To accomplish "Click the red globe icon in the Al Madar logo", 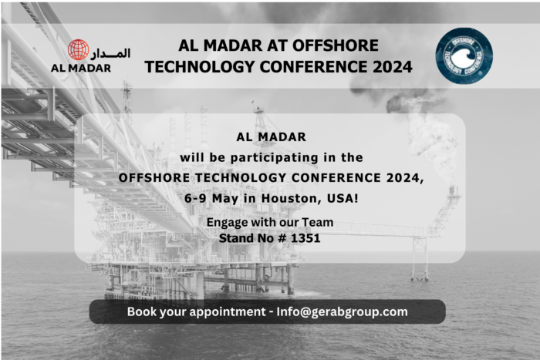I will point(78,50).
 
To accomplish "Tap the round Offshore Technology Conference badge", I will point(464,56).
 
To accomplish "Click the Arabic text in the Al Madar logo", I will point(112,53).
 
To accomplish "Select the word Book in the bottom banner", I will point(142,311).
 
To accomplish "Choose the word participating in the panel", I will point(269,156).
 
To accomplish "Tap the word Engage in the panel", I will point(227,223).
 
